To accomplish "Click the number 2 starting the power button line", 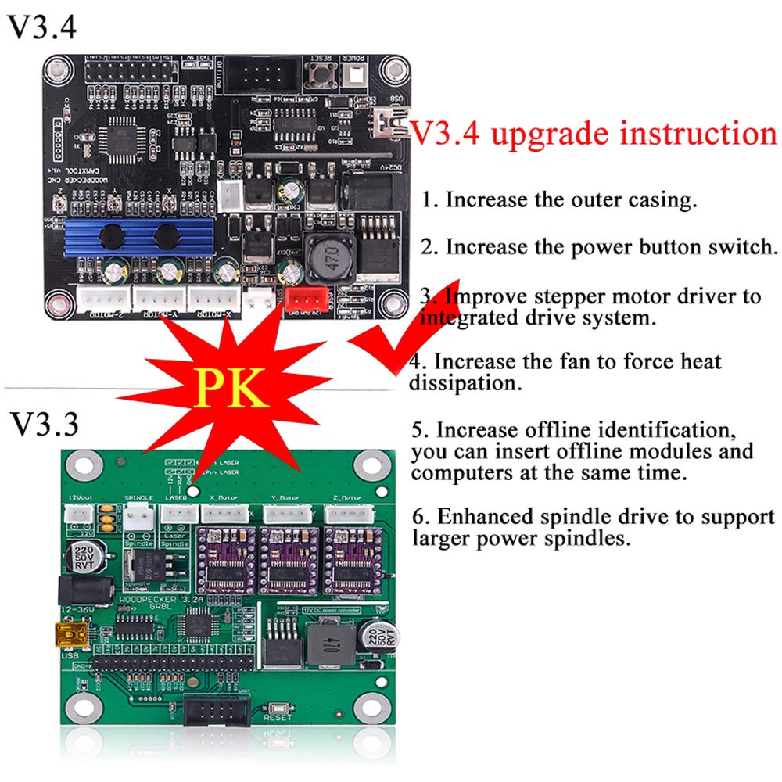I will click(426, 248).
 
